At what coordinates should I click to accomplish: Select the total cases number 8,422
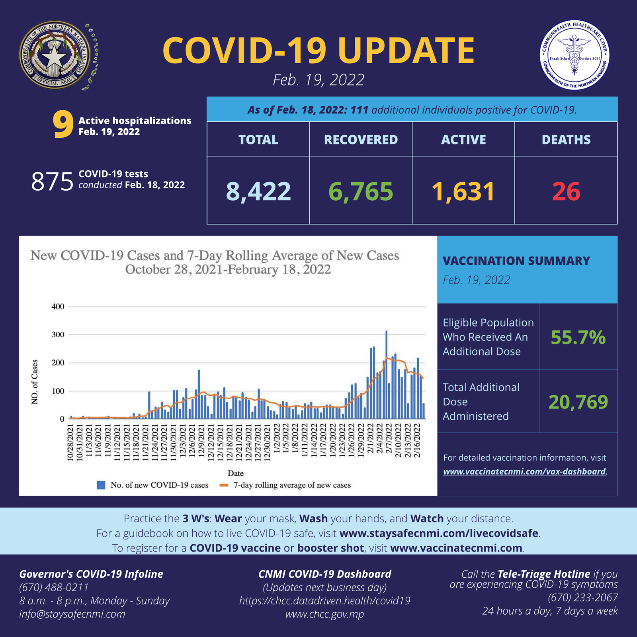tap(258, 191)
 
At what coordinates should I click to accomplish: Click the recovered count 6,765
tap(361, 191)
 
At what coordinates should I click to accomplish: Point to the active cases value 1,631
tap(463, 191)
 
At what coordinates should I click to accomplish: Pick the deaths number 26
tap(566, 191)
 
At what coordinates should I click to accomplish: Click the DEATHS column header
tap(566, 140)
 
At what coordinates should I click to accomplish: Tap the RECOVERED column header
tap(361, 140)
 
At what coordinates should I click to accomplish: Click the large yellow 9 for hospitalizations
tap(63, 125)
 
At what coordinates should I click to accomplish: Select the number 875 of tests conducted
tap(52, 182)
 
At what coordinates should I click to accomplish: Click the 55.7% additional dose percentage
tap(578, 338)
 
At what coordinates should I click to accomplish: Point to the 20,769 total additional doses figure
tap(578, 402)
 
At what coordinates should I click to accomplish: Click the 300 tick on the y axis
tap(58, 335)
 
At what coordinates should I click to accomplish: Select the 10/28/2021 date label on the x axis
tap(70, 443)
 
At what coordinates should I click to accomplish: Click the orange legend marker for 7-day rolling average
tap(223, 485)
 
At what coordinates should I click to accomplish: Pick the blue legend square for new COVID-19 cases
tap(101, 485)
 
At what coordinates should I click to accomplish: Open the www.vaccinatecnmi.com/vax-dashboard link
tap(524, 472)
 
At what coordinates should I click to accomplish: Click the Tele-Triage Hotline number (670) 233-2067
tap(583, 598)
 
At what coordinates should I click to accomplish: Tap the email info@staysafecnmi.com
tap(72, 614)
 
